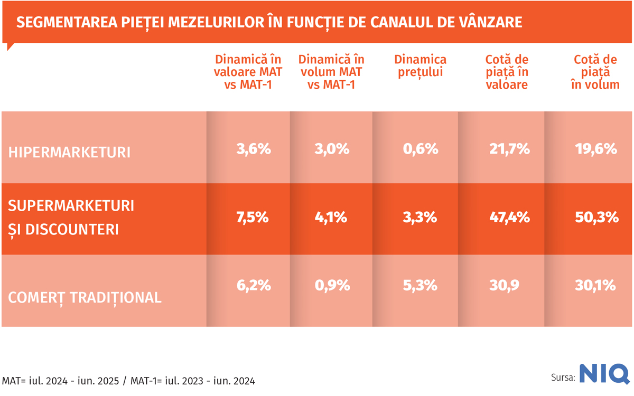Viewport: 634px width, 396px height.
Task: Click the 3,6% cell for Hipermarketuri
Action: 254,149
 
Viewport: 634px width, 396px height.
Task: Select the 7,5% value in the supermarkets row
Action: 254,217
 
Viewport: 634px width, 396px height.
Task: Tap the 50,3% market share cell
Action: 595,217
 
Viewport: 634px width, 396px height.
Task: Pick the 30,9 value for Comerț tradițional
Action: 505,286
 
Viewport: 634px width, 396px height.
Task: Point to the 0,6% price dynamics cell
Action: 421,149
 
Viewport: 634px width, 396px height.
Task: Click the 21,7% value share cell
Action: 508,149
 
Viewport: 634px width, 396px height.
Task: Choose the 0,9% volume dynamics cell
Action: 332,286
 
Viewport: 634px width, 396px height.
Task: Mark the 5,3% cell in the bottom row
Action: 421,286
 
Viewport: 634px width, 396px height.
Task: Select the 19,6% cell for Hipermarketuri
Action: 595,149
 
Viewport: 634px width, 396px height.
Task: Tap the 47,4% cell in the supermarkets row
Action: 508,217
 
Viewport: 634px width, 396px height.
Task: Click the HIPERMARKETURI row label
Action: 69,153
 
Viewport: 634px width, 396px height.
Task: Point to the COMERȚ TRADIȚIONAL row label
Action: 85,297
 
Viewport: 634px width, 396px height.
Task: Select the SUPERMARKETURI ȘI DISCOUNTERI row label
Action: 71,218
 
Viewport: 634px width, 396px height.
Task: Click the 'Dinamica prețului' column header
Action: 421,66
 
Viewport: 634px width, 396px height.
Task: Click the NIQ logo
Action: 604,374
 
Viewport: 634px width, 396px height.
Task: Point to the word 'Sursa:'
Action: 563,377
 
